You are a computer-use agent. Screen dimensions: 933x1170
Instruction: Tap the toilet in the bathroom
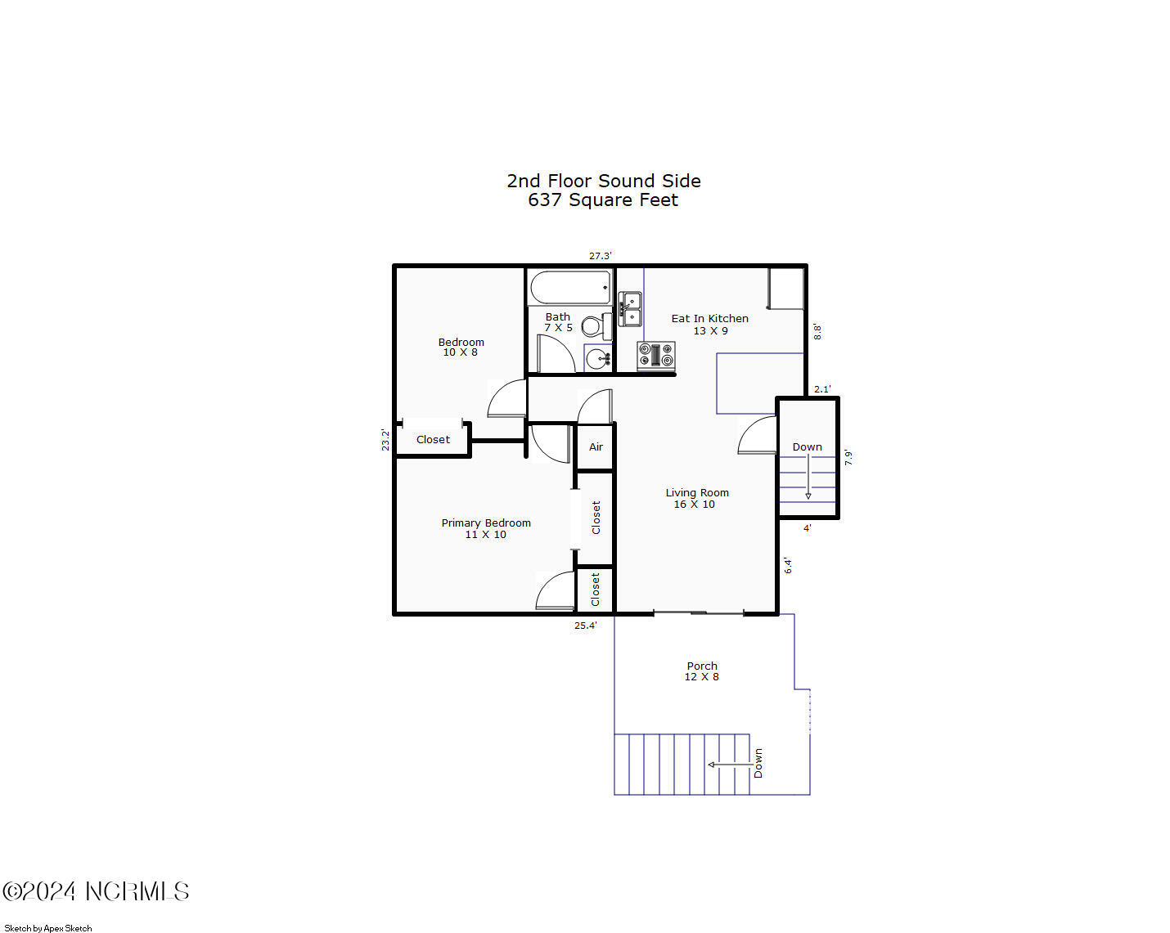596,326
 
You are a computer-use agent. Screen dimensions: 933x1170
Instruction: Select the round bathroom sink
598,357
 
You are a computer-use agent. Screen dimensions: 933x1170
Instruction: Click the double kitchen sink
630,309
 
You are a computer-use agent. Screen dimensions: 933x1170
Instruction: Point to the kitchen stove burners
656,356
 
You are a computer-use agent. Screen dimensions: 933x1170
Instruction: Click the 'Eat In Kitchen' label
709,319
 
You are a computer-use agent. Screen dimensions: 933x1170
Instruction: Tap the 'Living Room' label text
696,493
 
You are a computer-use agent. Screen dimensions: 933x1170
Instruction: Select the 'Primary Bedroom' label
486,523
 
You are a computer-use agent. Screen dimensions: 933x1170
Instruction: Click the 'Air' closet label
596,447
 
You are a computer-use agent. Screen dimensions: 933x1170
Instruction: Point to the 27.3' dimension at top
600,256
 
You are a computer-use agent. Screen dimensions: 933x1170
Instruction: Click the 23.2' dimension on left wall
385,440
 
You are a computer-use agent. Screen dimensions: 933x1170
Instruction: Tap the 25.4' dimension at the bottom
585,626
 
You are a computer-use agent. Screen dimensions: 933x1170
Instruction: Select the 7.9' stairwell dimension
848,458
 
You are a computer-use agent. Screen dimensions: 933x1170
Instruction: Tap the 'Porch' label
702,666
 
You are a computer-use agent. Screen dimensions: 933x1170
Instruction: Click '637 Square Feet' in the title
603,200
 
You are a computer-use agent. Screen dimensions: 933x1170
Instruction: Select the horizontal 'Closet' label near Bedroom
433,440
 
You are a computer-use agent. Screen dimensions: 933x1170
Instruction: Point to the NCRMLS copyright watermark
96,891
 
